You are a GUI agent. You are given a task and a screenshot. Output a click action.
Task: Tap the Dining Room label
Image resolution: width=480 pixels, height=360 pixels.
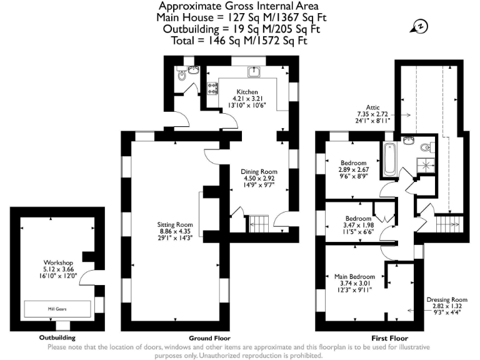tap(259, 171)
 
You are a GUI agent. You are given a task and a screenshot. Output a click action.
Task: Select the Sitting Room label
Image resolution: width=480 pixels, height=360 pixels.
tap(175, 224)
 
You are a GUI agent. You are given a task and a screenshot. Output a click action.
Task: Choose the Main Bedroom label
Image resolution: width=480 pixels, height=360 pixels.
tap(354, 276)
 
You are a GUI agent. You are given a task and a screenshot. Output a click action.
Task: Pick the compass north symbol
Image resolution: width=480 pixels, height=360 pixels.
tap(420, 26)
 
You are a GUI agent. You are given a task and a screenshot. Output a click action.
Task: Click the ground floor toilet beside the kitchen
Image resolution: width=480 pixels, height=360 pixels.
tap(182, 76)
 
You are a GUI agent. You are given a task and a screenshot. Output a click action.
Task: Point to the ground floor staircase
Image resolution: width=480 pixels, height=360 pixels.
tap(258, 222)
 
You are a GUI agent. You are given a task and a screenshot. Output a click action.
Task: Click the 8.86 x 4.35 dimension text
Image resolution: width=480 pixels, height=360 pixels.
tap(175, 231)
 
